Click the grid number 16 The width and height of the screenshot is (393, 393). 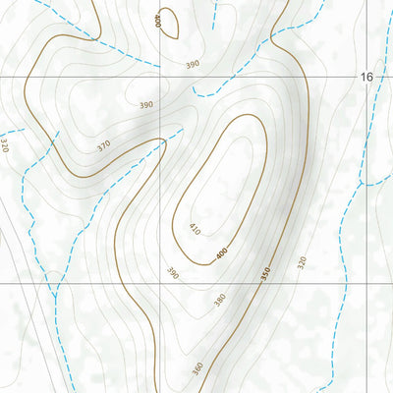click(x=366, y=77)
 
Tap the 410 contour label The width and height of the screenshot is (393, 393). click(x=195, y=230)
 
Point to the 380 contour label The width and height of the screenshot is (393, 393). click(x=220, y=299)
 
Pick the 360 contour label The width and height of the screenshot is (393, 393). click(x=197, y=367)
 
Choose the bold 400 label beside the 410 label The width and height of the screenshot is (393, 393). click(x=221, y=253)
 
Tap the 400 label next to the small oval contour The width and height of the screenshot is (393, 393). click(x=156, y=20)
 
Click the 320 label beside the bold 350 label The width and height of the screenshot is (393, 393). click(x=302, y=262)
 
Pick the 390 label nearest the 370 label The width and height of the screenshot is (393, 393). click(x=146, y=105)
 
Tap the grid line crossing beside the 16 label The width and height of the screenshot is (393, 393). click(x=356, y=77)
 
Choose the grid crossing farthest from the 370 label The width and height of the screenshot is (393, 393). click(x=356, y=283)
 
